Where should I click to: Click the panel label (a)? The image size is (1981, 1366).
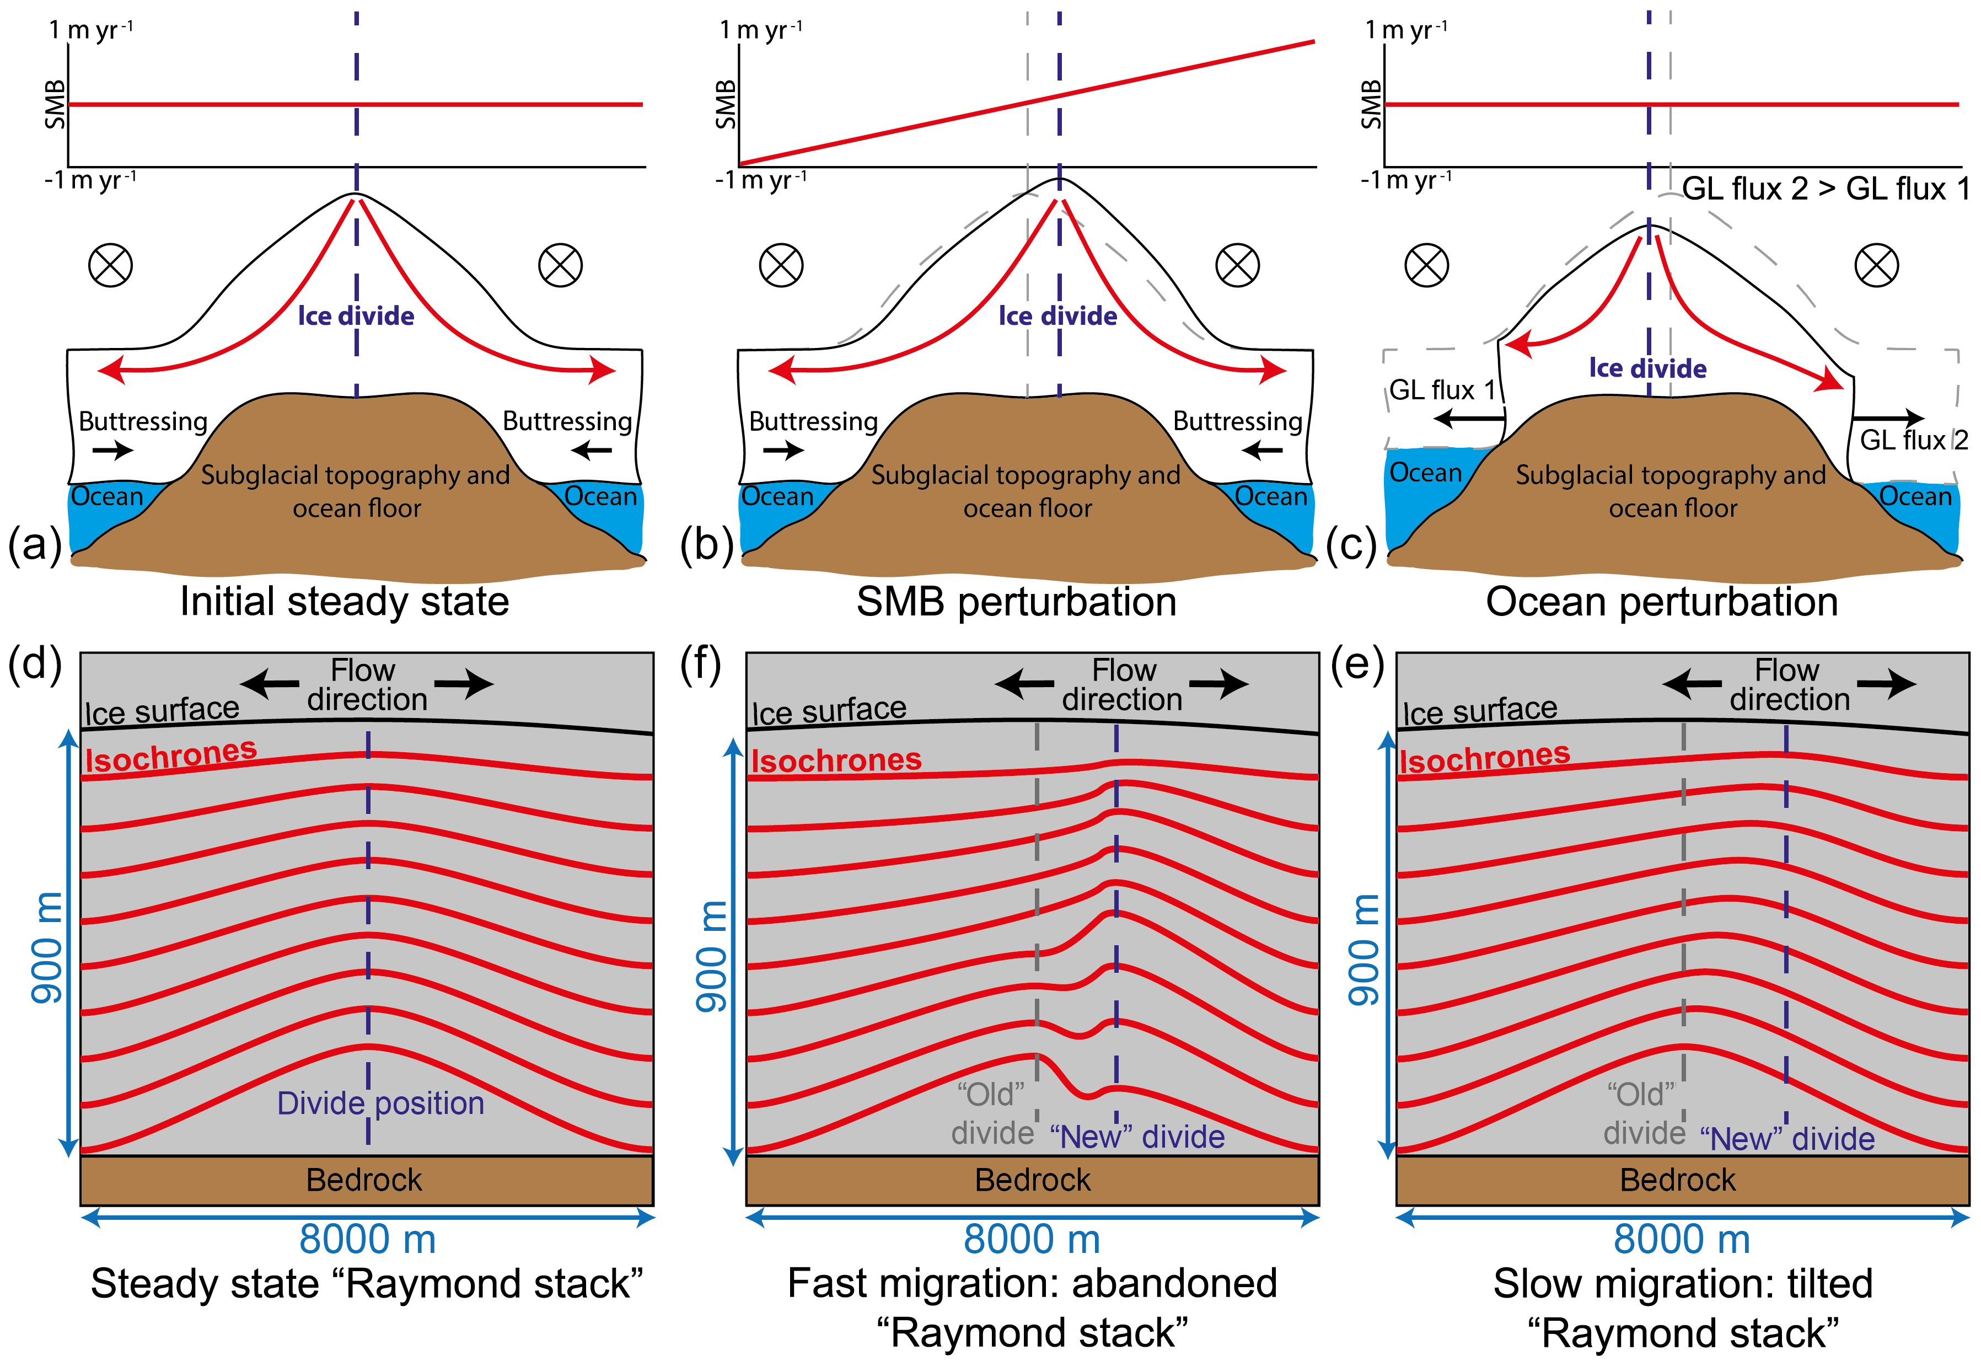(x=34, y=544)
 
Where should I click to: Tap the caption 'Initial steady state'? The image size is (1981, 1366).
(x=344, y=602)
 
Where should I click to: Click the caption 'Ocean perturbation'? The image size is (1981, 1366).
(x=1661, y=602)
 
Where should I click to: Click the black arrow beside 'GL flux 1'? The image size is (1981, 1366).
(x=1468, y=419)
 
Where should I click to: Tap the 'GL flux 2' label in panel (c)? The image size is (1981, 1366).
(x=1913, y=440)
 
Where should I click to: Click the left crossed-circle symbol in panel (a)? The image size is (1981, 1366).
(x=110, y=265)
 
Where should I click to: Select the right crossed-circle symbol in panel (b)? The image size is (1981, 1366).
(x=1237, y=265)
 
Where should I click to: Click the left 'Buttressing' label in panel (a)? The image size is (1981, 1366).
(x=143, y=421)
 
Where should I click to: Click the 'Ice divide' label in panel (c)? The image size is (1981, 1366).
(x=1647, y=369)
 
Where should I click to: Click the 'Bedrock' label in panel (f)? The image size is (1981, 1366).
(x=1032, y=1180)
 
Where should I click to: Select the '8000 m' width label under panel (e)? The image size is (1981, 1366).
(x=1682, y=1239)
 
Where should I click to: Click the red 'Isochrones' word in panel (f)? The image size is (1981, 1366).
(x=836, y=760)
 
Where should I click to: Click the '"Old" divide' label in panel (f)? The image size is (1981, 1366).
(x=992, y=1113)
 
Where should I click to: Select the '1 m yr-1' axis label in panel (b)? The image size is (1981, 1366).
(x=761, y=30)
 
